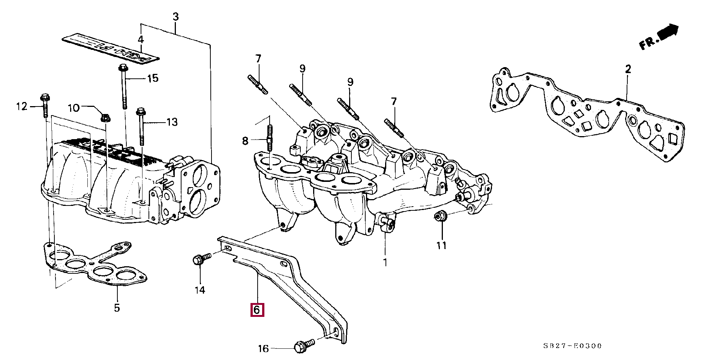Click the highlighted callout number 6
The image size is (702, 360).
(x=257, y=310)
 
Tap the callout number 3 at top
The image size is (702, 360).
(x=175, y=17)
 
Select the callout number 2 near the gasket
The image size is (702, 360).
(x=628, y=69)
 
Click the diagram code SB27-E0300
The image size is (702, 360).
(x=573, y=346)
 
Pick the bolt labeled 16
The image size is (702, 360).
(x=305, y=345)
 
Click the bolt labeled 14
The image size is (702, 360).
(x=202, y=259)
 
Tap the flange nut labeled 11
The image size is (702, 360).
(x=439, y=216)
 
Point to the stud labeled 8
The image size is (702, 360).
(x=269, y=138)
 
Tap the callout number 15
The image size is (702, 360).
(x=153, y=78)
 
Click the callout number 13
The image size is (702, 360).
(x=172, y=122)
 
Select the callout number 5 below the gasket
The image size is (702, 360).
(x=117, y=308)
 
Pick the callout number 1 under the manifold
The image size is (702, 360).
(x=385, y=262)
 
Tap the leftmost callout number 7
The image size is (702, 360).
(x=258, y=59)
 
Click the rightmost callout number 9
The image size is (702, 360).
(x=350, y=82)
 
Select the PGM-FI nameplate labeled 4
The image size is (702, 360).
(x=111, y=48)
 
